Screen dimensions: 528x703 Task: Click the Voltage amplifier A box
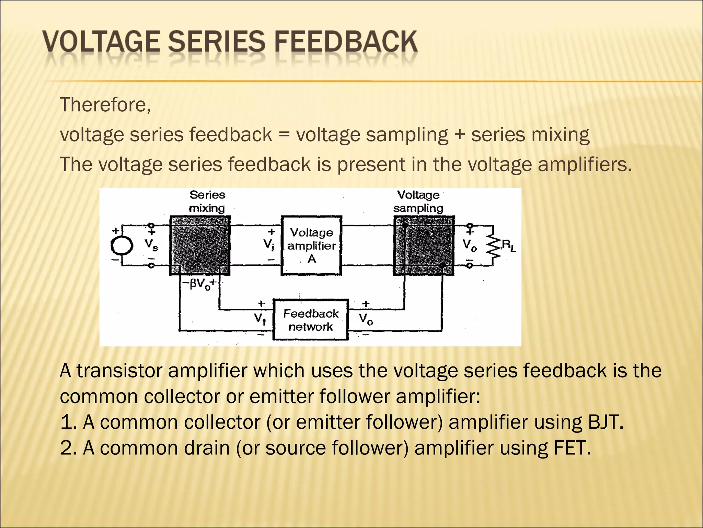pos(311,245)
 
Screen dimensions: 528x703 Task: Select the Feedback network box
pos(311,320)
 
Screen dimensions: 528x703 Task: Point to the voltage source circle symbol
pos(122,245)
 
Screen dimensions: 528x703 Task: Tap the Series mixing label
pos(207,201)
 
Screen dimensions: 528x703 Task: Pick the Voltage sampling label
pos(418,201)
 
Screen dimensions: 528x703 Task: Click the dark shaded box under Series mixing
pos(200,245)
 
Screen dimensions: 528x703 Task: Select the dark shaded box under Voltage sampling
pos(424,245)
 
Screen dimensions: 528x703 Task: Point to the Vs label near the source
pos(151,245)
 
